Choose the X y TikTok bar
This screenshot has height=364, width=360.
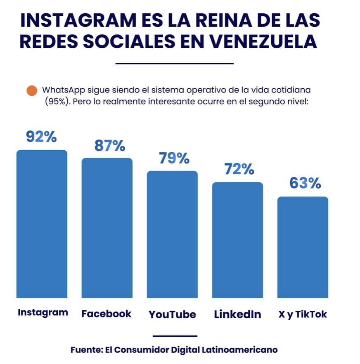click(x=303, y=247)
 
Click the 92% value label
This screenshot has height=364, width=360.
click(x=41, y=137)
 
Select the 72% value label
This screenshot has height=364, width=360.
click(x=239, y=169)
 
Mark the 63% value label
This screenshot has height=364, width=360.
click(x=305, y=183)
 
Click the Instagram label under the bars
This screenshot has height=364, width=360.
click(x=43, y=312)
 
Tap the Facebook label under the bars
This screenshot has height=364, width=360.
click(x=107, y=314)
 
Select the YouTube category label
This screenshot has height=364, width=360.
click(x=172, y=314)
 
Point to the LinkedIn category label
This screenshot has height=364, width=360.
click(x=237, y=314)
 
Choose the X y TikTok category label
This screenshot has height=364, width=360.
click(x=303, y=314)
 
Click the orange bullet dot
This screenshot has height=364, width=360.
click(x=31, y=91)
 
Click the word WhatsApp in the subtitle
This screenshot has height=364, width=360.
click(x=62, y=90)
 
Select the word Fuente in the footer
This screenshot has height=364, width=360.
click(x=86, y=350)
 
